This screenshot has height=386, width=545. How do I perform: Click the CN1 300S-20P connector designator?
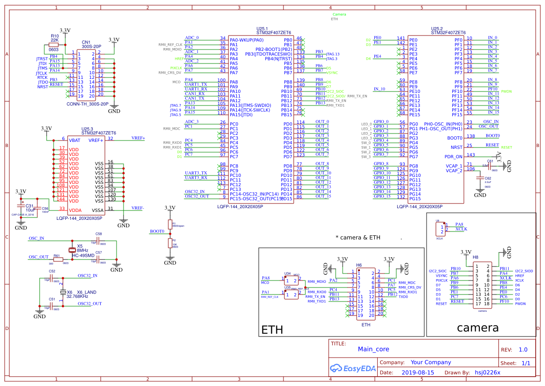click(86, 42)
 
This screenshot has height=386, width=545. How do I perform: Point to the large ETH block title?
click(272, 330)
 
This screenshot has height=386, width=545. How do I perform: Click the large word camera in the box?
click(478, 328)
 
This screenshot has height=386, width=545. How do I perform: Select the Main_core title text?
click(373, 349)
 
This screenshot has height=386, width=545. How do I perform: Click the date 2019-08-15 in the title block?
click(417, 372)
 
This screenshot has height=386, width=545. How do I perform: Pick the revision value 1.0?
click(523, 350)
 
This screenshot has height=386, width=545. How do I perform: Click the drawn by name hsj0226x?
click(487, 372)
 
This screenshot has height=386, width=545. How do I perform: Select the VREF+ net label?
click(138, 138)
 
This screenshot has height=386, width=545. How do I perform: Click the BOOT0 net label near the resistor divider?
click(157, 231)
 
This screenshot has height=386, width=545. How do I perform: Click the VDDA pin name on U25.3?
click(75, 210)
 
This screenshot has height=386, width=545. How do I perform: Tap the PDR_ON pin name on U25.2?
click(453, 157)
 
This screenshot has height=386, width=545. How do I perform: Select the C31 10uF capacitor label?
click(30, 208)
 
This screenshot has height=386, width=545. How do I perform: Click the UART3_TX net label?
click(196, 173)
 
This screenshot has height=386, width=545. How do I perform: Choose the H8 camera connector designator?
click(475, 257)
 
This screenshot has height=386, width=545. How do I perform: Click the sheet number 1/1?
click(525, 363)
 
